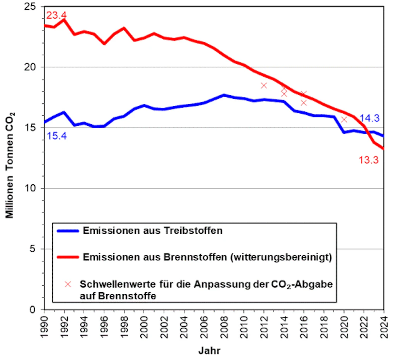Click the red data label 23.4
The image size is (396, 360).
(x=56, y=16)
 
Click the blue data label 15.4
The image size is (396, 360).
(x=57, y=136)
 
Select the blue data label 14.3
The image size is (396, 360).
(x=369, y=118)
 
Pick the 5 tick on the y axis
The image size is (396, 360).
(x=37, y=249)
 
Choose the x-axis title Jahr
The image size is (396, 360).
(x=209, y=351)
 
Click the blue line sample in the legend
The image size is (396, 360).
(x=68, y=231)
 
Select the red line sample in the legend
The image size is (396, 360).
(x=68, y=257)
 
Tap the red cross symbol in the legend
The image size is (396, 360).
(x=68, y=284)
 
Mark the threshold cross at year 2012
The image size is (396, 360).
(x=264, y=86)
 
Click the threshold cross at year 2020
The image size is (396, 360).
(x=344, y=119)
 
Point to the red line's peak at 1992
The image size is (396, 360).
(x=64, y=19)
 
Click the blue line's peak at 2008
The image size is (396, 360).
(x=224, y=95)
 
